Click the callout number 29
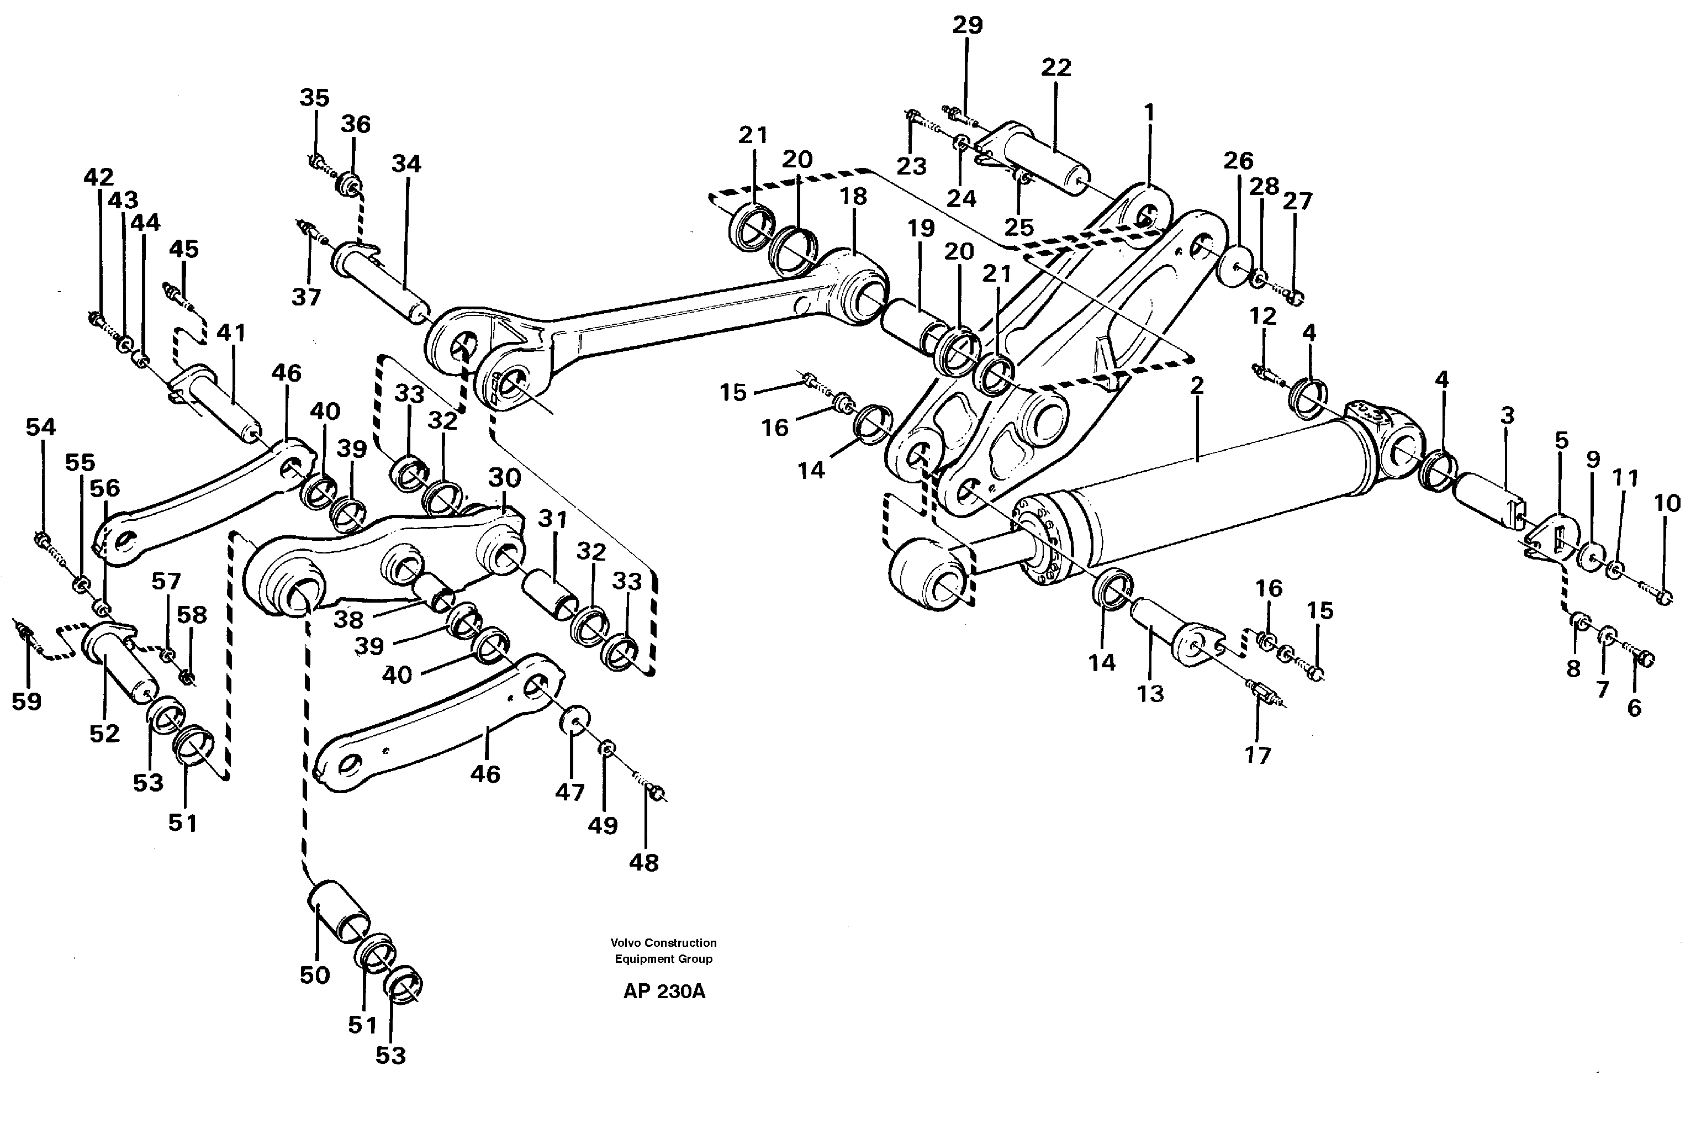[967, 25]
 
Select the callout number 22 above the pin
[1055, 67]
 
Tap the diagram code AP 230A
[664, 992]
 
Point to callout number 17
[1258, 756]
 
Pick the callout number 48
[644, 862]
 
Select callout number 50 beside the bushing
[314, 975]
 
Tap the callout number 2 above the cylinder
[1197, 386]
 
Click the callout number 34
[406, 164]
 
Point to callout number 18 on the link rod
[854, 196]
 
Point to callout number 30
[504, 477]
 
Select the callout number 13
[1150, 694]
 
